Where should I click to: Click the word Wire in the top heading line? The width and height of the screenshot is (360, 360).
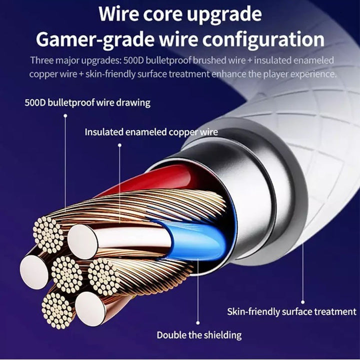tap(118, 13)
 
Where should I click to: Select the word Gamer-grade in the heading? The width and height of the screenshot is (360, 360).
tap(95, 40)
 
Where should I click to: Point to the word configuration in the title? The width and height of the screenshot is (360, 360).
tap(263, 40)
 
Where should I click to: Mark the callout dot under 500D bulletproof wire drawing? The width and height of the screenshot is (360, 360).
tap(65, 115)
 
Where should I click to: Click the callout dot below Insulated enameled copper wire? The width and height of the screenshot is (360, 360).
tap(119, 145)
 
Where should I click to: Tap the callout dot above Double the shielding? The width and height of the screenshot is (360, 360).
tap(198, 323)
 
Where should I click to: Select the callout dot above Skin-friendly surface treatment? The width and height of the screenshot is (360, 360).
tap(303, 302)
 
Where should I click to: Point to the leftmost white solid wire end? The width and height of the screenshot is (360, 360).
tap(34, 272)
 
